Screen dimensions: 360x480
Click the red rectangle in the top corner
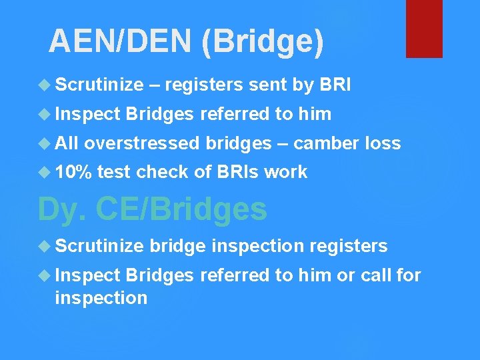point(424,28)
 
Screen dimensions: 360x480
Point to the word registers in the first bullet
point(203,85)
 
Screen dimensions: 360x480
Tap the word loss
point(383,143)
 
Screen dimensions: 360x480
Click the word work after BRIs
point(285,172)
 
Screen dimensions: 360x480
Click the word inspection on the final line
point(101,297)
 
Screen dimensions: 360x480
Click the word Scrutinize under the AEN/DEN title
point(99,85)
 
